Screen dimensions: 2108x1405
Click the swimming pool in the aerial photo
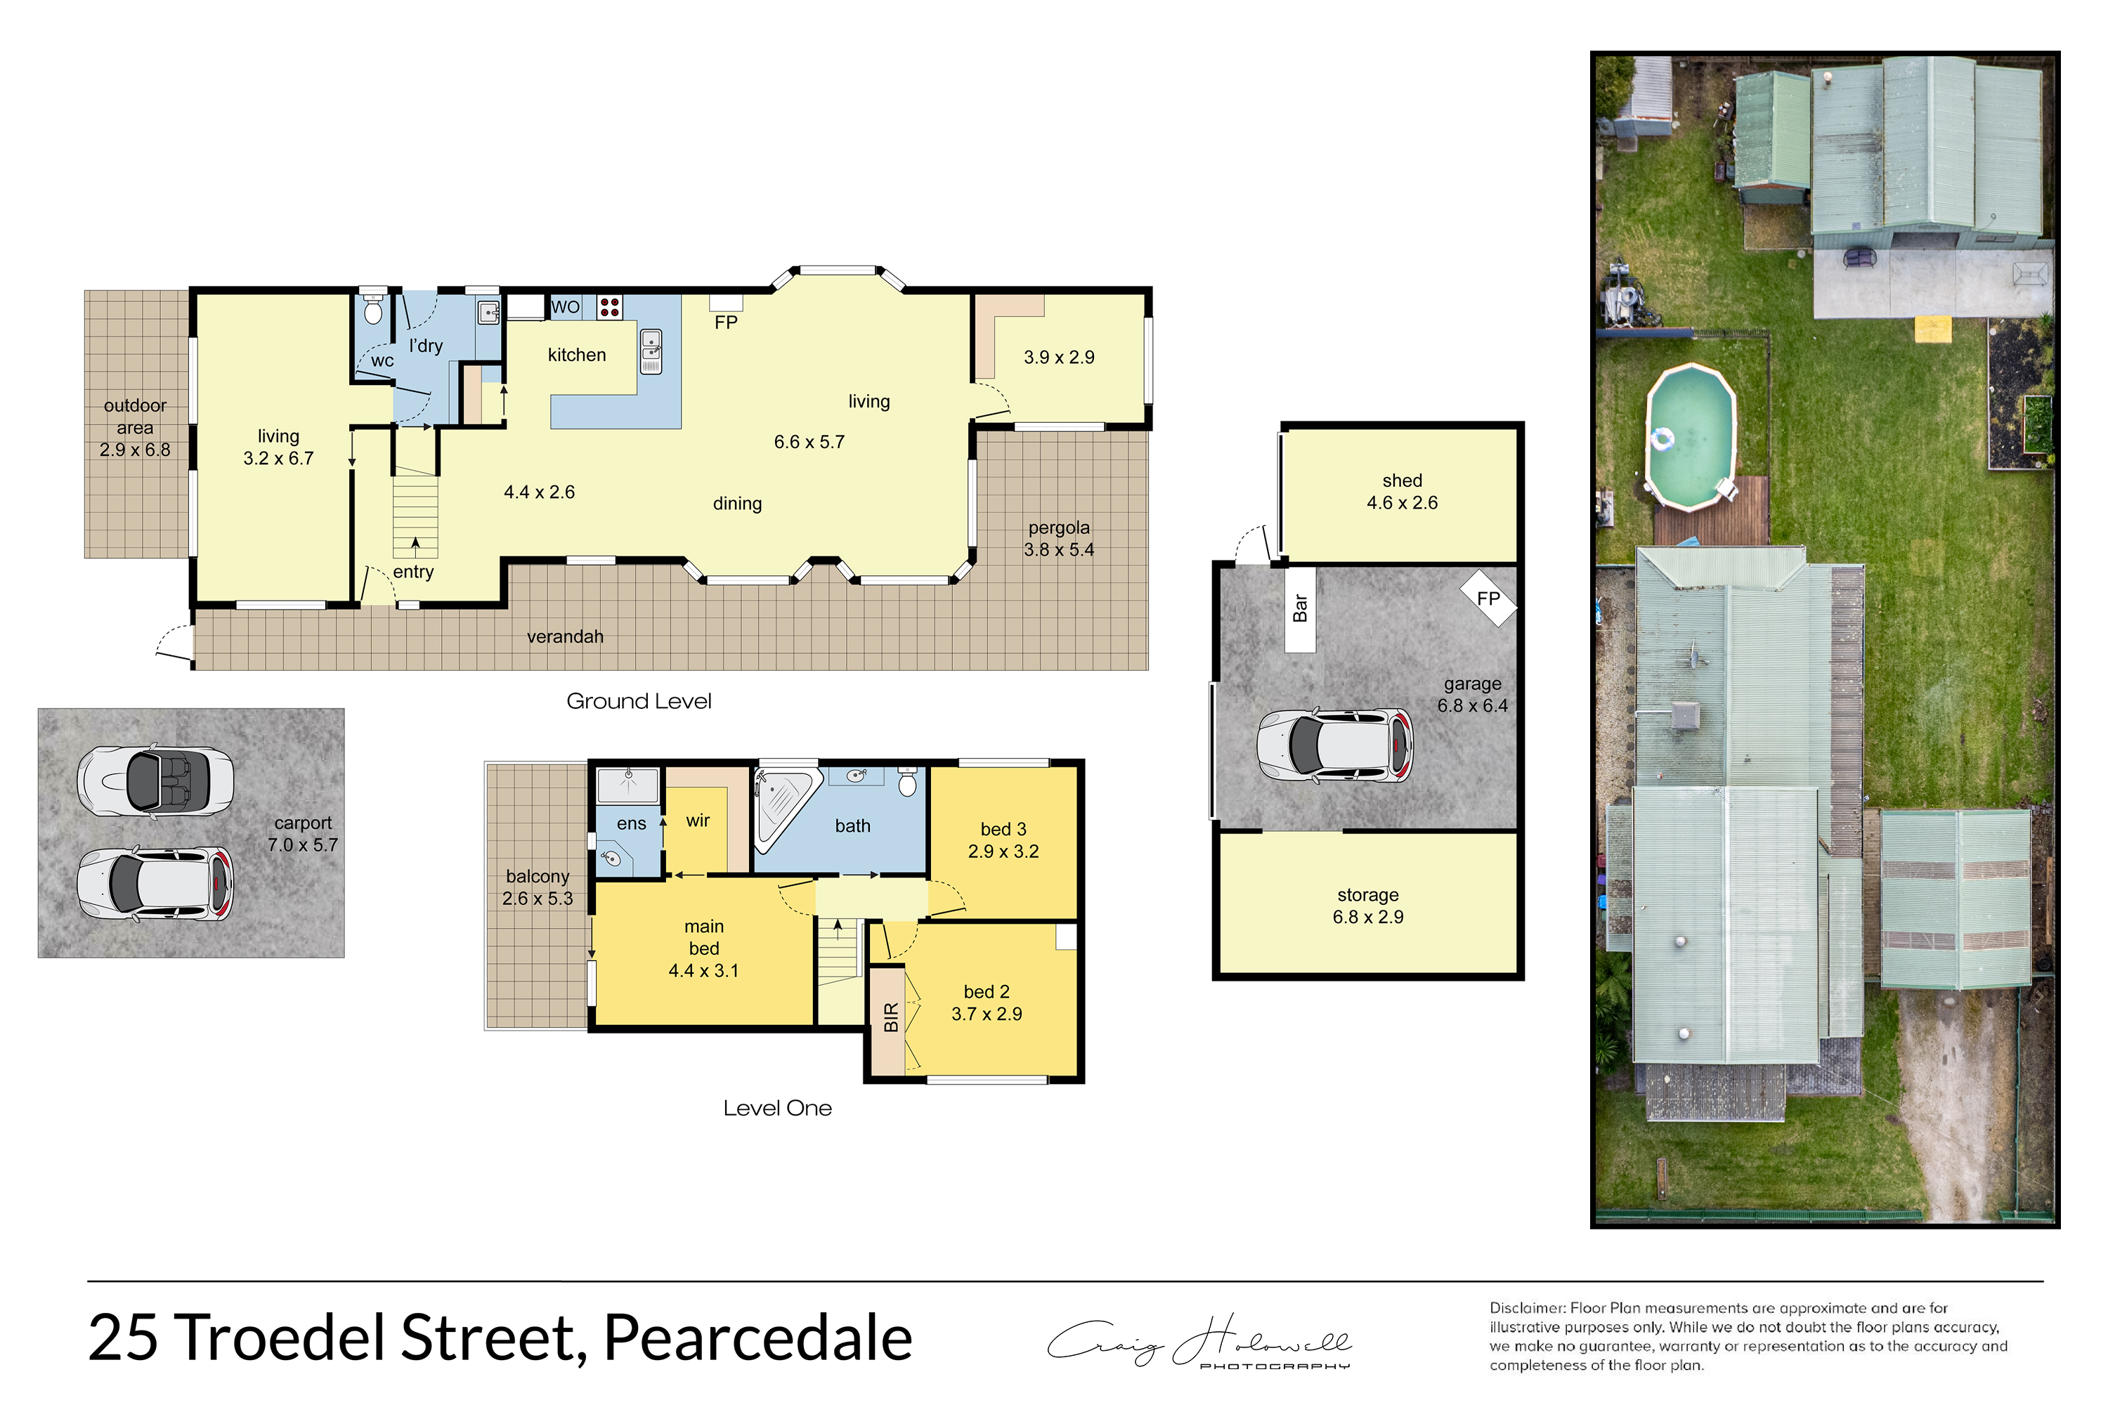(1691, 437)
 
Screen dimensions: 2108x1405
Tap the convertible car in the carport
(155, 780)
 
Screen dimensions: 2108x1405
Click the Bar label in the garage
(1301, 608)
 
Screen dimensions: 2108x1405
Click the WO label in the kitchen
(565, 308)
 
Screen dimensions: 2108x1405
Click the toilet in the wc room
(373, 310)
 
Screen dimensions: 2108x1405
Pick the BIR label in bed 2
(891, 1017)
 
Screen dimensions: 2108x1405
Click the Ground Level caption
(639, 702)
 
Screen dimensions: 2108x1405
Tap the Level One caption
(777, 1109)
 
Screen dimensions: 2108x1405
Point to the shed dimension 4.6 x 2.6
(1402, 503)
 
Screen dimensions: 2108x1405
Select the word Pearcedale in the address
(758, 1338)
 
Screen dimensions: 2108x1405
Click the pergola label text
(1060, 528)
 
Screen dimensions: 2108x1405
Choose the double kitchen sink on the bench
(651, 351)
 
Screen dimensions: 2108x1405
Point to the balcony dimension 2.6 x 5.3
(538, 898)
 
